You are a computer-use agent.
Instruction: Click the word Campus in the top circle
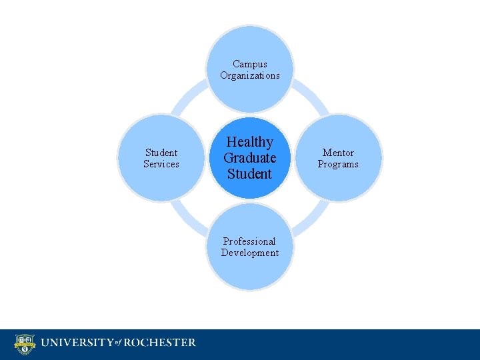250,65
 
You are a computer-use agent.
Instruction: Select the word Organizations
250,75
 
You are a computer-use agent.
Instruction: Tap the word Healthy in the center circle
250,142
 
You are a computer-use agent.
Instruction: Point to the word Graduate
250,158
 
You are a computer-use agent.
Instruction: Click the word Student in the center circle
250,174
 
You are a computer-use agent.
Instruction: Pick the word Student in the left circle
161,153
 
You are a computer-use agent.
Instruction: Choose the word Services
161,164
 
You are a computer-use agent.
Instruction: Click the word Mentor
338,153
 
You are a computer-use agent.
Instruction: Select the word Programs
338,164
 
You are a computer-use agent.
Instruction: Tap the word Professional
249,241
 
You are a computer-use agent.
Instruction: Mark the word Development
250,253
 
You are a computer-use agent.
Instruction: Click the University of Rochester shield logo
25,344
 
